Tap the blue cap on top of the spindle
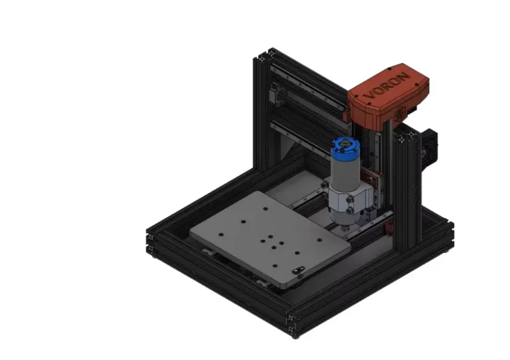[x=345, y=147]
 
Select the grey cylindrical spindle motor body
[x=345, y=173]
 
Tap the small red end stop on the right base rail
[x=388, y=228]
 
